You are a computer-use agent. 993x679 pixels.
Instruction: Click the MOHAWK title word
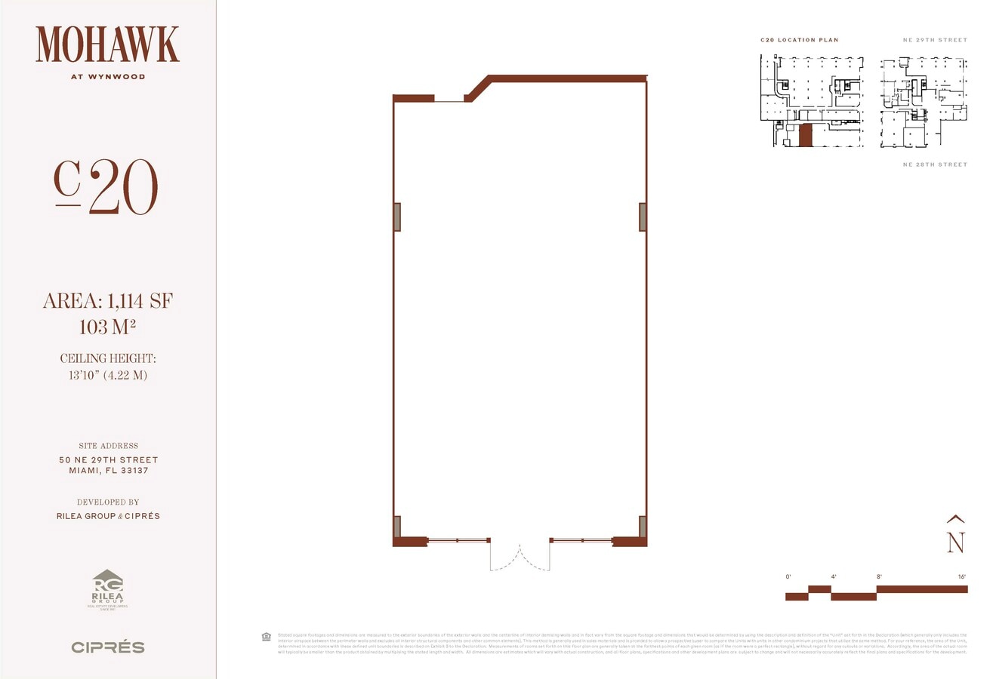coord(107,45)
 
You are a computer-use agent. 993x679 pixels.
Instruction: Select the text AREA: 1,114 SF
coord(107,302)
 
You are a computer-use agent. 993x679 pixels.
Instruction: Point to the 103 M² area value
coord(107,327)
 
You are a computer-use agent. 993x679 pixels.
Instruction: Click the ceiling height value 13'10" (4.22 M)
coord(107,374)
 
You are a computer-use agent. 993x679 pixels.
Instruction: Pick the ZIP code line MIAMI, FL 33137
coord(108,471)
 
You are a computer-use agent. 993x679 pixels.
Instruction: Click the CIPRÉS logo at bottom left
coord(107,647)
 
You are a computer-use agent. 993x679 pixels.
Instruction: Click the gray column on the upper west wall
coord(397,217)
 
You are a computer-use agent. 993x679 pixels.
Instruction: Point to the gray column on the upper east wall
coord(643,217)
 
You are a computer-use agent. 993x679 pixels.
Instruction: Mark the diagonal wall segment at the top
coord(478,88)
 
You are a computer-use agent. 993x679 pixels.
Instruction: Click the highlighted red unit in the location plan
coord(806,136)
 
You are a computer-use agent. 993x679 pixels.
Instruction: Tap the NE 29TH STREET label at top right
coord(935,40)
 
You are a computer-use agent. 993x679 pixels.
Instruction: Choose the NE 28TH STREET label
coord(935,164)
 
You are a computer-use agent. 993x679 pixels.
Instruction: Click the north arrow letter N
coord(956,542)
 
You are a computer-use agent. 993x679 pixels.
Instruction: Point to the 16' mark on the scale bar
coord(961,577)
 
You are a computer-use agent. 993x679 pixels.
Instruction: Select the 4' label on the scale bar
coord(834,577)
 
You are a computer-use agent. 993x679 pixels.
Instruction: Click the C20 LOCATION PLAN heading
coord(800,40)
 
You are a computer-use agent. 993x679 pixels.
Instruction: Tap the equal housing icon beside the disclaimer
coord(266,637)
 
